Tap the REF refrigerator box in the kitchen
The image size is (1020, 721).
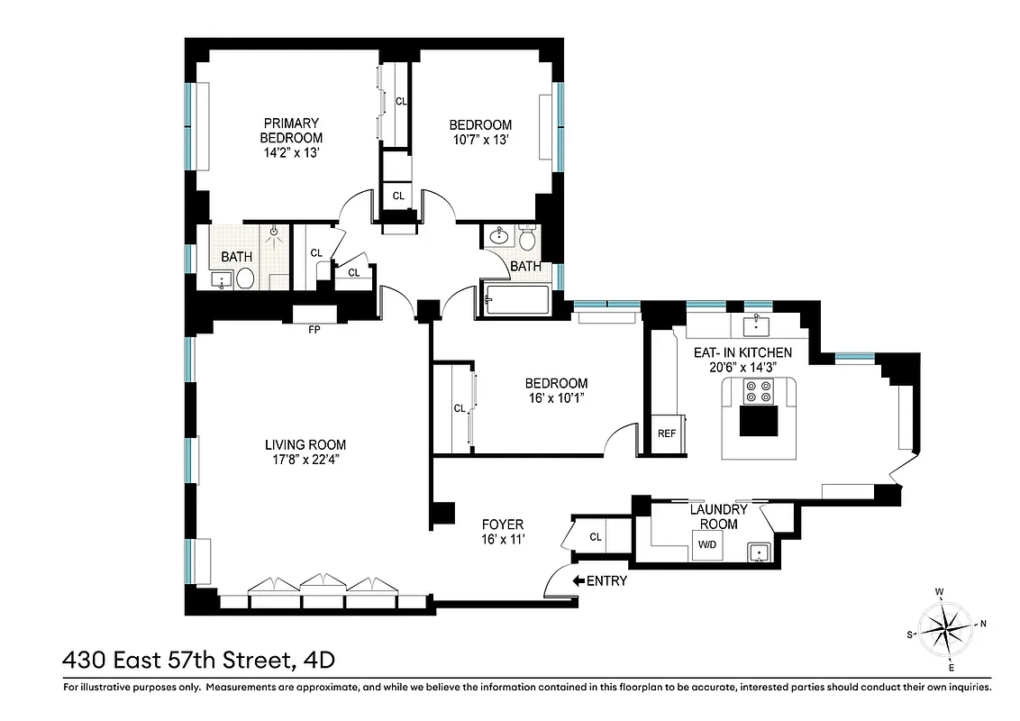(x=667, y=434)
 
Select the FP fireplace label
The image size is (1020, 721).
(x=314, y=330)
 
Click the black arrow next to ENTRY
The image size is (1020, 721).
(x=578, y=581)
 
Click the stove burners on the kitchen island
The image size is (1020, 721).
(x=757, y=391)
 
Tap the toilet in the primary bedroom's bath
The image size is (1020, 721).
(x=244, y=278)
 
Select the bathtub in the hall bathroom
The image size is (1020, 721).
(x=518, y=300)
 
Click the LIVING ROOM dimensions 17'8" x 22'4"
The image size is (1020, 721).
(x=305, y=459)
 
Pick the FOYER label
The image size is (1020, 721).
(x=503, y=525)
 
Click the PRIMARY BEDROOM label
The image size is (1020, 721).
(x=291, y=130)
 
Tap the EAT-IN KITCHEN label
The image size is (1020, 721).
(x=742, y=352)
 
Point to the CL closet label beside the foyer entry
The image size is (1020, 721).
(x=596, y=537)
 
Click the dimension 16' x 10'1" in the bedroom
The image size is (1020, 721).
(x=558, y=397)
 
